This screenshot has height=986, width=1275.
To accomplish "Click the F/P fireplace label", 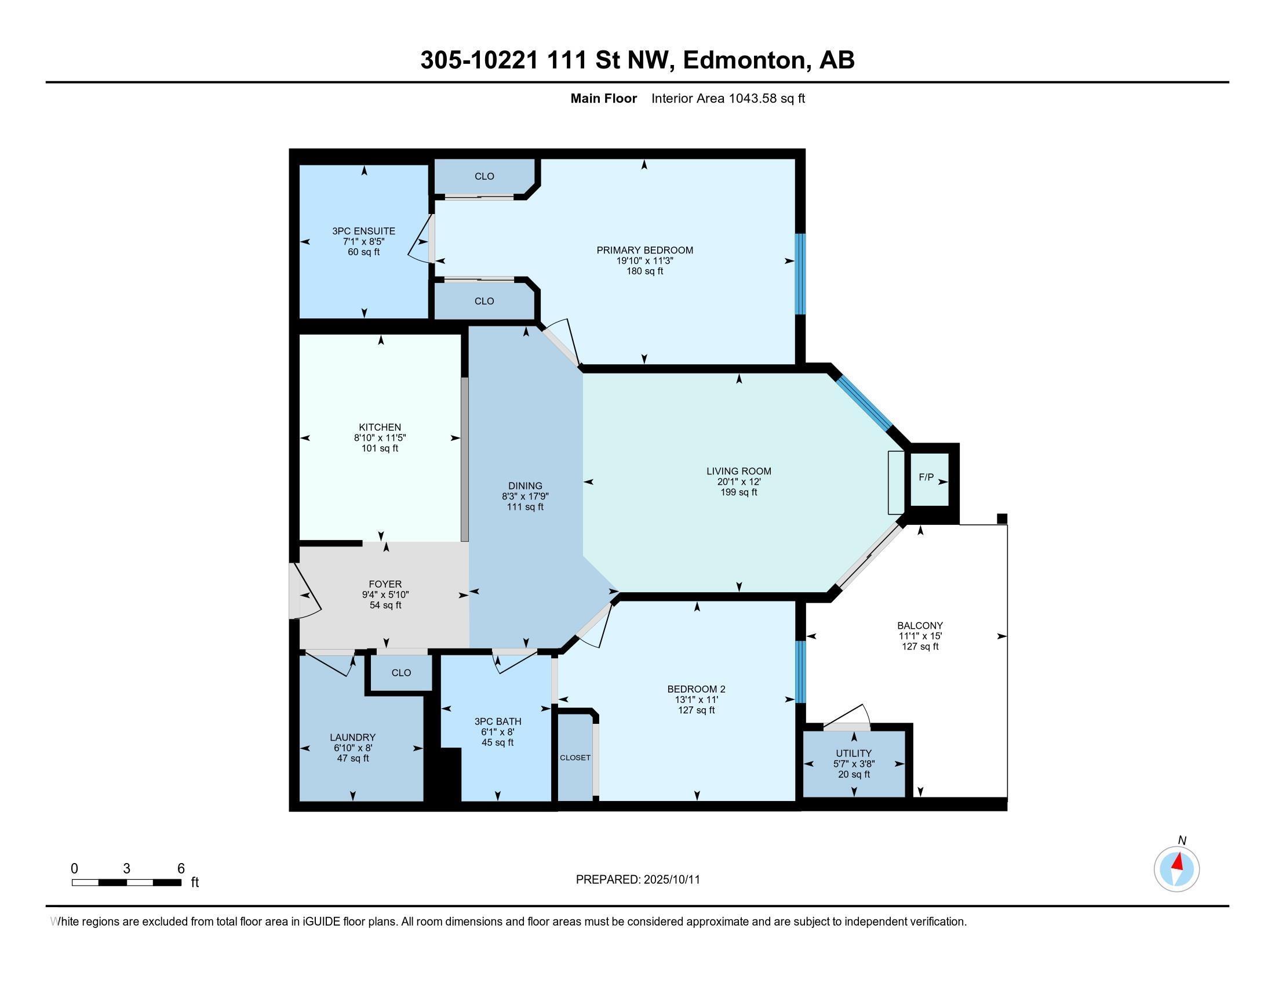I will [x=926, y=477].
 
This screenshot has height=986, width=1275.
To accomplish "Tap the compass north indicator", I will [x=1176, y=869].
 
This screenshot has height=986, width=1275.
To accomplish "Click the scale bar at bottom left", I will [x=126, y=882].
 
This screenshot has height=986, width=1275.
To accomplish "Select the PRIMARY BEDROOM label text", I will [x=644, y=250].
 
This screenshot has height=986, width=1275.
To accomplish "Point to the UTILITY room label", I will [x=854, y=753].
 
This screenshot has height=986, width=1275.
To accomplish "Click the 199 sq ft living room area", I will [x=738, y=492].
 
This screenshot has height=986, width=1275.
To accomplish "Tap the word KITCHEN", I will [x=380, y=427].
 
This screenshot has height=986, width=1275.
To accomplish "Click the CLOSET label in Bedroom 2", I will [x=575, y=757].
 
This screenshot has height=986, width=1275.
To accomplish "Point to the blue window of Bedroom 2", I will [x=800, y=672].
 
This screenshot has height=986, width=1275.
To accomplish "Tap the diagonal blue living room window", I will [x=864, y=403].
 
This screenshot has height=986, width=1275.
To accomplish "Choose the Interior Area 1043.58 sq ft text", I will [x=727, y=98].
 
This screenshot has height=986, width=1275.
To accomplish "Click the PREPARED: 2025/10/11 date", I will [x=637, y=879].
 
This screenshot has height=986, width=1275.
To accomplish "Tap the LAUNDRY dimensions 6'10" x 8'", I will [x=352, y=748].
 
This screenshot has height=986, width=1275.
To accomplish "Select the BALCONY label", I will [x=920, y=625].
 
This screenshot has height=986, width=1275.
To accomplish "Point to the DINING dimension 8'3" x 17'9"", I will [x=525, y=496].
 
